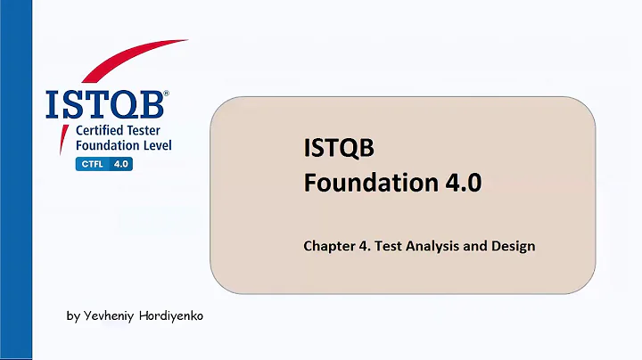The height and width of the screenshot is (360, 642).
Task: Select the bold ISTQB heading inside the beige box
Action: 335,149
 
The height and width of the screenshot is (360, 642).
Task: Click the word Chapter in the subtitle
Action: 329,245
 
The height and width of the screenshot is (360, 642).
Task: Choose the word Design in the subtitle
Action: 513,245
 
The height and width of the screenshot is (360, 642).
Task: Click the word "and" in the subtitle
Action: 476,245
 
